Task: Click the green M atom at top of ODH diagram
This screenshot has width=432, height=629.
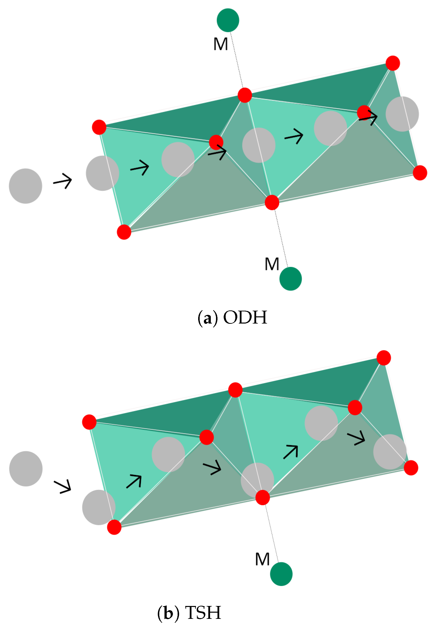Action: pos(228,20)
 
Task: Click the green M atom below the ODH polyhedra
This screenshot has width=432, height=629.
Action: pos(290,279)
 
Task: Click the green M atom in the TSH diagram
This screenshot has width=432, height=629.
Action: pos(281,574)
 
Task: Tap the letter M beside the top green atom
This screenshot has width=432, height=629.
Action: pos(220,44)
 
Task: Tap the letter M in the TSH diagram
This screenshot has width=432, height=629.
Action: pos(262,559)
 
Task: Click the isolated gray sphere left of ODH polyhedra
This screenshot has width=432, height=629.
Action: pos(26,186)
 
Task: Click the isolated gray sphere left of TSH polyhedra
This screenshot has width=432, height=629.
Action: pos(26,469)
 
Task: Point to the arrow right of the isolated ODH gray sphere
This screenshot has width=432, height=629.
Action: pos(63,181)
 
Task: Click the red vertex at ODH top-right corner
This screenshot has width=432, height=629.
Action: pos(392,63)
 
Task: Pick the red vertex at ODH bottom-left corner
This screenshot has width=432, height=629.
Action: pos(124,232)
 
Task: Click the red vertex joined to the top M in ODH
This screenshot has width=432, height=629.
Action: pos(244,95)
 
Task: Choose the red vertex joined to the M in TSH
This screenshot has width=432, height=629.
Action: pos(263,498)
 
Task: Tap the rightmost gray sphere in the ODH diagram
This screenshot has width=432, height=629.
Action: pos(402,114)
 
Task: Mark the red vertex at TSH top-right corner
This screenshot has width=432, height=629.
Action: pos(383,357)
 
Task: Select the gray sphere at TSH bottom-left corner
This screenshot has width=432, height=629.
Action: pos(99,507)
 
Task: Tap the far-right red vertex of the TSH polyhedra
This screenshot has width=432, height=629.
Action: pos(411,468)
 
